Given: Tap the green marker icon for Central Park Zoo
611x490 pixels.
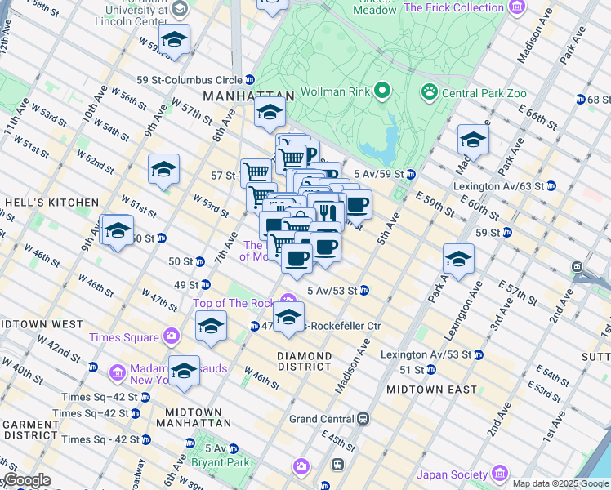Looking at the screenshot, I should tap(430, 92).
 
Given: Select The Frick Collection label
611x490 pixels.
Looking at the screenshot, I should tap(453, 7).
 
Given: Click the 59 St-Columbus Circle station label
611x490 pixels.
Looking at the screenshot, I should tap(189, 80).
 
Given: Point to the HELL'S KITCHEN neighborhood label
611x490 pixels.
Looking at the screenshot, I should tap(51, 202).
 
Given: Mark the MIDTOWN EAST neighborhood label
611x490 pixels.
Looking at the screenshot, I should tap(431, 390).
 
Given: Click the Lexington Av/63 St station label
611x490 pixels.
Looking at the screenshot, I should tap(498, 186).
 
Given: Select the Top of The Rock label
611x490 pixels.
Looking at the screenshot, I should tap(234, 303).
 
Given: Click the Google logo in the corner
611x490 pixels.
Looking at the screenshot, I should tap(26, 481).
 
